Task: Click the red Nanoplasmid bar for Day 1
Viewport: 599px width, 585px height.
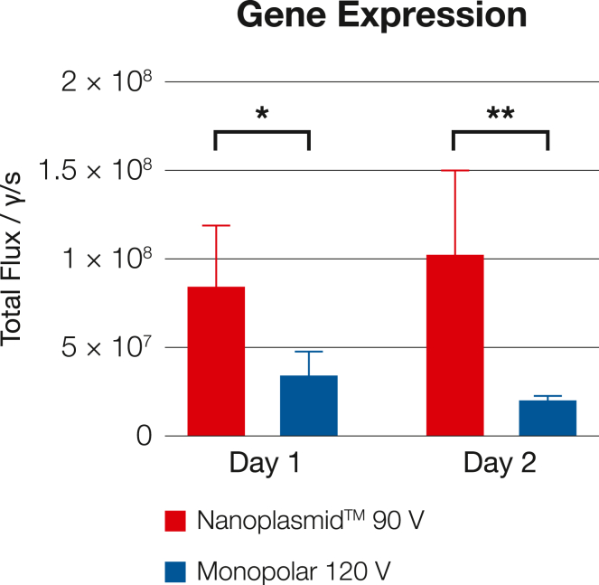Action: point(216,362)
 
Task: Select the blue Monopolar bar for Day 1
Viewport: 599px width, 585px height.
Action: point(309,406)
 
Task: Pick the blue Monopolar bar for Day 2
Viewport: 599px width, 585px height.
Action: point(548,419)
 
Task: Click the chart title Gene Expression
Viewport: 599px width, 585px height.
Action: point(381,16)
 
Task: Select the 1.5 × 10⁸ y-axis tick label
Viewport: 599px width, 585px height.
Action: point(96,171)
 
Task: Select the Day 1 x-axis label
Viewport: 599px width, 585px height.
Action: point(263,464)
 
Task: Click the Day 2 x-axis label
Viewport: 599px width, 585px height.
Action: point(501,464)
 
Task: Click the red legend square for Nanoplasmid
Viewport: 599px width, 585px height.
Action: point(176,521)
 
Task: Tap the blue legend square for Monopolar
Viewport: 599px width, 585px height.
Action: point(176,571)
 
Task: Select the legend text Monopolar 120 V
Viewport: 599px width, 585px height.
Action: point(295,571)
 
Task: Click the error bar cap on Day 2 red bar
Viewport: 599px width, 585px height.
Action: point(454,171)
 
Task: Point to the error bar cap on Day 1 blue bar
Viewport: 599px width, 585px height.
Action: point(309,352)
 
